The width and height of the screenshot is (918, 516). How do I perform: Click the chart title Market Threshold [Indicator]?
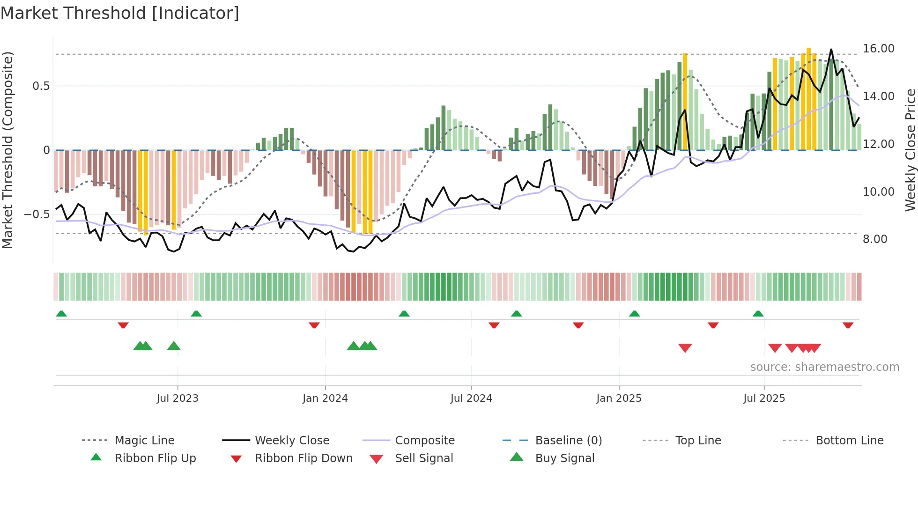120,13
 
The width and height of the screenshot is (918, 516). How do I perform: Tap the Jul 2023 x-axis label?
178,398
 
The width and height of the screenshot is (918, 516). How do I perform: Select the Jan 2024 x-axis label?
325,398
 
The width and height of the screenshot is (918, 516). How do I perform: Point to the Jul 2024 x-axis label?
471,398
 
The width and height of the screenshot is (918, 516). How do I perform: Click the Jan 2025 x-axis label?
619,398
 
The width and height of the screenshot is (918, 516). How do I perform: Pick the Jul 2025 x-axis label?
764,398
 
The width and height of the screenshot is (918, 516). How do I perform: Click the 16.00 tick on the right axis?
878,49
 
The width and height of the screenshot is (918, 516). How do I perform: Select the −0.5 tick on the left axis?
37,214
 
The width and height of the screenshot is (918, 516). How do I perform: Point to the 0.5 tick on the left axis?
41,86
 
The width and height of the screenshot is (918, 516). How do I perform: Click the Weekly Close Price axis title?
910,150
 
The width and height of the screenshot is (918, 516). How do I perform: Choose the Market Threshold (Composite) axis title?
7,150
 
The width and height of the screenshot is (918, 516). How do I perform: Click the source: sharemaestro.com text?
824,367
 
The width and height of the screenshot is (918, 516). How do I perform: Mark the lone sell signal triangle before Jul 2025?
685,348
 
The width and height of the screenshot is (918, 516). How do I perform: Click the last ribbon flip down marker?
848,325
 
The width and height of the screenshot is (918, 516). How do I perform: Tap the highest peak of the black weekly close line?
831,50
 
